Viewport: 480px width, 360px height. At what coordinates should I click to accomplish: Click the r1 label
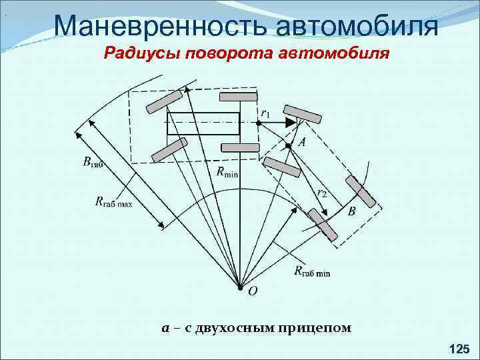(265, 113)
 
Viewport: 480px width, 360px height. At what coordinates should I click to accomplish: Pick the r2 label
(322, 193)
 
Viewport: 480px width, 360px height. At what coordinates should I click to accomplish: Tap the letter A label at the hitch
(302, 142)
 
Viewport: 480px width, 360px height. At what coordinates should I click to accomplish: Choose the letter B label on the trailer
(351, 211)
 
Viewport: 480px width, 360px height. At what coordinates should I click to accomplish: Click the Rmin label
(227, 173)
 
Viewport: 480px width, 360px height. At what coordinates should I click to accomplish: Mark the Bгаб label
(93, 161)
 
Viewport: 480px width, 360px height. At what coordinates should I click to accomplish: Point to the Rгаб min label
(311, 271)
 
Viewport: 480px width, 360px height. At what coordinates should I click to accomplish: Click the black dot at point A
(288, 145)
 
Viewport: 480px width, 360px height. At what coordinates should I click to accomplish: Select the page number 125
(459, 348)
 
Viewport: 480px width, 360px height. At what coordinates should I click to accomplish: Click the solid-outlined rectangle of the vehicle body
(207, 123)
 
